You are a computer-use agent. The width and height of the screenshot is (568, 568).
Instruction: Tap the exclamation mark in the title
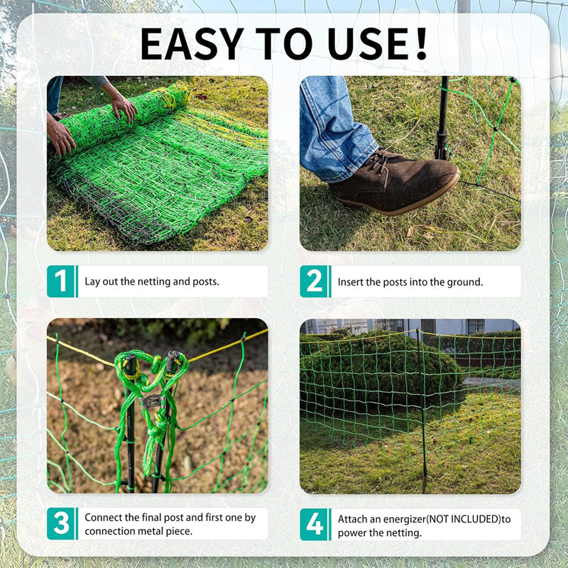[x=420, y=44]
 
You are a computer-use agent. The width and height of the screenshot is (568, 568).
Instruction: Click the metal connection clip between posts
[x=150, y=402]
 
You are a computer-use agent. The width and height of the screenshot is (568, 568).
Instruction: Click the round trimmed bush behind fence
[x=376, y=369]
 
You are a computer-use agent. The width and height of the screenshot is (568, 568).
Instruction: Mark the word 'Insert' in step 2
[x=351, y=282]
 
